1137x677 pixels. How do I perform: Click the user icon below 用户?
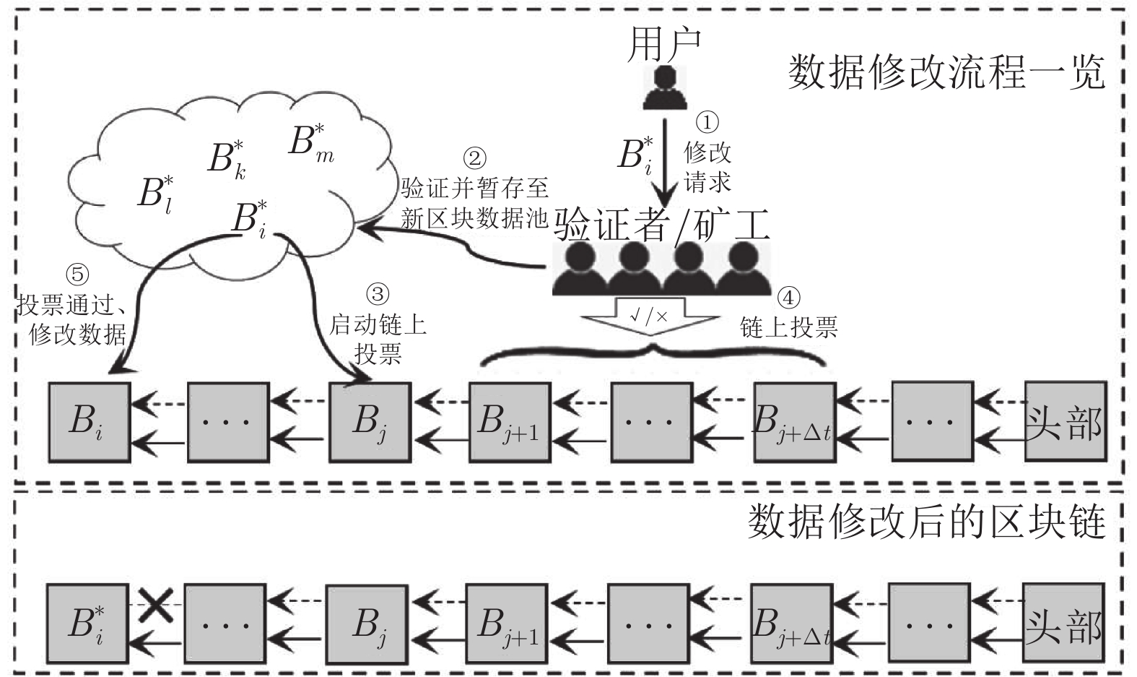[662, 87]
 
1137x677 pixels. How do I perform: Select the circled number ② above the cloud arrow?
[474, 158]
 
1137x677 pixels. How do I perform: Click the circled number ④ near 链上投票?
[789, 297]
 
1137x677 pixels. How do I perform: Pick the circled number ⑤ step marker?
[77, 275]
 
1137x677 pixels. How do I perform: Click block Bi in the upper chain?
[90, 422]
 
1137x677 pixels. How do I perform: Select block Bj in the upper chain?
[370, 422]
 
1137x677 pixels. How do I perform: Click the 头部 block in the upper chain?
[1065, 422]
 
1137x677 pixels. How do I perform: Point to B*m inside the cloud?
[311, 142]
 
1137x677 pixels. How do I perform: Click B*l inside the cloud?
[156, 192]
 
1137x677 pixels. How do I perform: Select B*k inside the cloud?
[227, 159]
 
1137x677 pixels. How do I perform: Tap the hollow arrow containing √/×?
[650, 318]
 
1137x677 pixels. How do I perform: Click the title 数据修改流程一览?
[946, 72]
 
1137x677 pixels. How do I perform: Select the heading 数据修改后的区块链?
[926, 522]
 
